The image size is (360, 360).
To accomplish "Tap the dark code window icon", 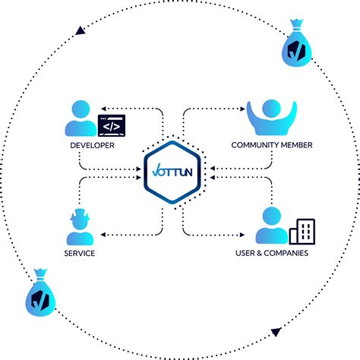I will [111, 125].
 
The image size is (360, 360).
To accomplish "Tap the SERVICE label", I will [80, 254].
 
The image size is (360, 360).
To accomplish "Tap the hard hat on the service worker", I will [80, 216].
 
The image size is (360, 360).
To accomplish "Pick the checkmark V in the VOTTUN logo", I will [156, 169].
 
